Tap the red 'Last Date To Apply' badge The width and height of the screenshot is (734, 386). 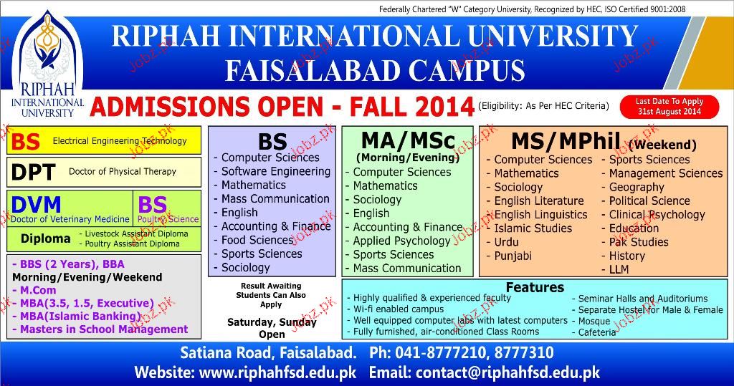coord(669,107)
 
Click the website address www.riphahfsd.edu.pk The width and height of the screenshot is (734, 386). coord(277,372)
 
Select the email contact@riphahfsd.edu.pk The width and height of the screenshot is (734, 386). coord(508,372)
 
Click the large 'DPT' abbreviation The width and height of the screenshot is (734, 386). coord(33,172)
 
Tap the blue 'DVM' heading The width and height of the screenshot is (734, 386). coord(36,205)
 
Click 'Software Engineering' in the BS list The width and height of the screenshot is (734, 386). coord(276,172)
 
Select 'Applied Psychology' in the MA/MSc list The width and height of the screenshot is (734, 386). coord(401,241)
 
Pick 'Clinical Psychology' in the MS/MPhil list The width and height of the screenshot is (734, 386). coord(657,215)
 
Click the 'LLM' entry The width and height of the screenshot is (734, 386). coord(619,269)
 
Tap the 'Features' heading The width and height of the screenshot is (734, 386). coord(535,286)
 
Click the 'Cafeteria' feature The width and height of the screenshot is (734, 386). coord(597,332)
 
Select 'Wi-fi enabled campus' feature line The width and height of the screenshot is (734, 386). coord(399,309)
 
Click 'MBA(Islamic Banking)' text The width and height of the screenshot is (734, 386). coord(80,317)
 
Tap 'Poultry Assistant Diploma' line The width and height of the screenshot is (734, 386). coord(132,243)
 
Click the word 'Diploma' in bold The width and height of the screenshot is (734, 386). coord(45,238)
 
